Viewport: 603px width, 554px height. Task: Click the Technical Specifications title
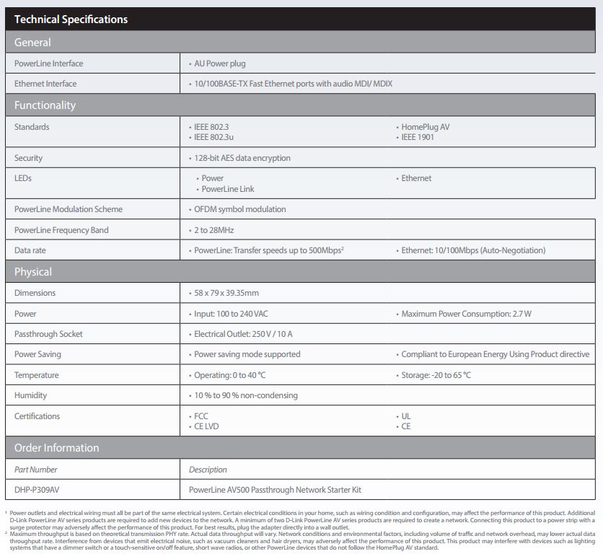pos(71,19)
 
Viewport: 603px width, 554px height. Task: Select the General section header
pos(32,43)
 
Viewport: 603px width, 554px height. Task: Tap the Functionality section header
pos(45,105)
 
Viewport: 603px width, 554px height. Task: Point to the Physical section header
pos(33,272)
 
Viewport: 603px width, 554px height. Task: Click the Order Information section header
pos(56,448)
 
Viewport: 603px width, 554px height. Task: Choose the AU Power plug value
pos(219,63)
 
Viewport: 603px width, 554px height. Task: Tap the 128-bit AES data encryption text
pos(242,158)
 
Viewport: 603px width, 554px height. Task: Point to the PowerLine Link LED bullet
pos(228,189)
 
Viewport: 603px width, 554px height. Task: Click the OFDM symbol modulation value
pos(239,209)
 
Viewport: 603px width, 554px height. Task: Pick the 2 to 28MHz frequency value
pos(214,230)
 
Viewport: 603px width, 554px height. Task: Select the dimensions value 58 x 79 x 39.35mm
pos(226,293)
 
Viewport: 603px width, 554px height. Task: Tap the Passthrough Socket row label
pos(48,334)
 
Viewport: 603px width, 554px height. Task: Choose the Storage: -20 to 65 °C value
pos(436,375)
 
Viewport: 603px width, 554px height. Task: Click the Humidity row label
pos(32,395)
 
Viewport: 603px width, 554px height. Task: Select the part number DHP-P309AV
pos(37,490)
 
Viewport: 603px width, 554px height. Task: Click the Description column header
pos(208,470)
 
